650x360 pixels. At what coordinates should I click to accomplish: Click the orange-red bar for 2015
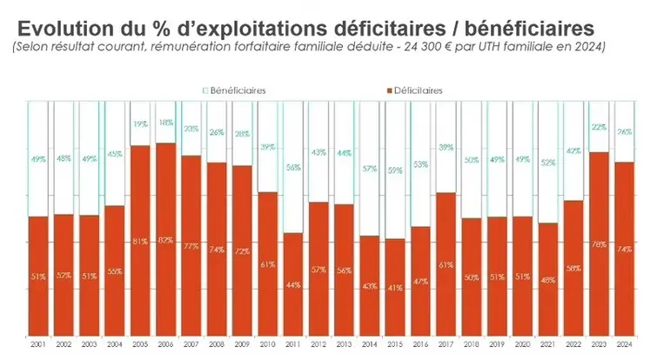[x=395, y=296]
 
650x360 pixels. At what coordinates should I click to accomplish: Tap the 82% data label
[x=166, y=240]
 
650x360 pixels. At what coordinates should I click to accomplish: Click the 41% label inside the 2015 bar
[x=395, y=287]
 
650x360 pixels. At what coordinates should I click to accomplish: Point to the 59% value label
[x=395, y=170]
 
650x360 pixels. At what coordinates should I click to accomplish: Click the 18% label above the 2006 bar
[x=166, y=123]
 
